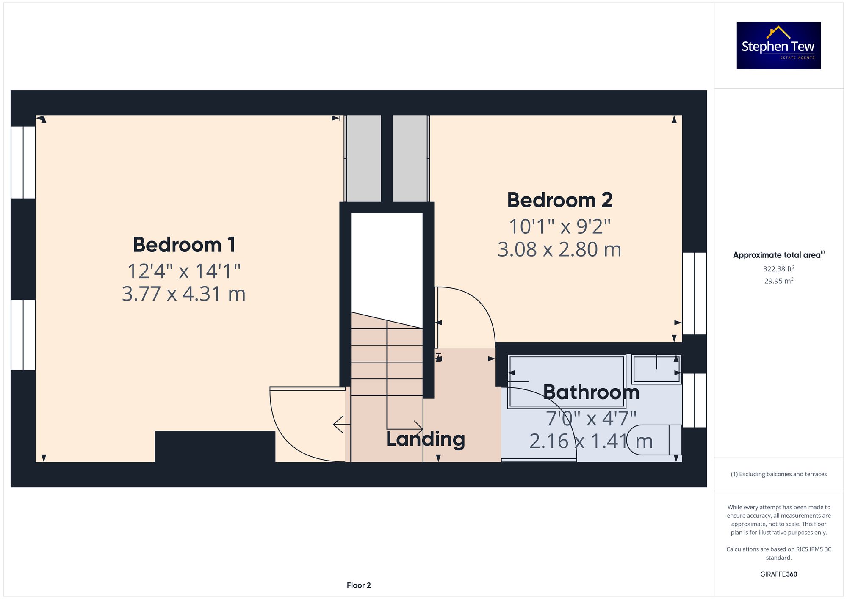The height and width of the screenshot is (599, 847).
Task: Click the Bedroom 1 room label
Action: (x=184, y=245)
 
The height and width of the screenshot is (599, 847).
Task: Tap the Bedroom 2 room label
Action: (x=560, y=200)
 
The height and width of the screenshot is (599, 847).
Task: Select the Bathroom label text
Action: (x=591, y=392)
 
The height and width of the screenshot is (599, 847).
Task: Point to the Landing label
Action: (x=426, y=439)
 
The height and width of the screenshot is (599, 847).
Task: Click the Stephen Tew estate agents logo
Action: (x=779, y=46)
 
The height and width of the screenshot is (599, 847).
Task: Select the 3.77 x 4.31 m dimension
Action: (x=184, y=294)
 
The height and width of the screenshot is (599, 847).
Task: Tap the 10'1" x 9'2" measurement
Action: (x=560, y=226)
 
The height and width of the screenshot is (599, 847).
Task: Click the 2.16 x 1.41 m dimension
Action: (x=591, y=441)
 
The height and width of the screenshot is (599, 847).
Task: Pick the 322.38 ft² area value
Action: (x=779, y=269)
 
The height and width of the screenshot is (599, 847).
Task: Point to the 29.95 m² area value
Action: (x=779, y=281)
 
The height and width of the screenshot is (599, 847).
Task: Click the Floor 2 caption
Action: (x=359, y=585)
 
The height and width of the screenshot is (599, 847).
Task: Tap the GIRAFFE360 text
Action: (x=779, y=574)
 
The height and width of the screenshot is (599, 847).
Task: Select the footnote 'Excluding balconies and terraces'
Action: (x=779, y=474)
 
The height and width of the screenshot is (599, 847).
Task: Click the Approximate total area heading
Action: (x=779, y=255)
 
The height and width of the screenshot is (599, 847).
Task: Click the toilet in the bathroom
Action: (x=654, y=440)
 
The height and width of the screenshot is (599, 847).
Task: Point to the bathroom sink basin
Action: (x=656, y=369)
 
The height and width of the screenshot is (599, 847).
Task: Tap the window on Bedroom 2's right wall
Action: (x=695, y=293)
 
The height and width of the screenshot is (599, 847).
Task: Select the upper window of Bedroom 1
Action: (x=23, y=162)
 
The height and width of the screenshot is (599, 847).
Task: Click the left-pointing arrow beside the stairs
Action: (x=341, y=425)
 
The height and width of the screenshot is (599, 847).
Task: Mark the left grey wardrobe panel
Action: (x=363, y=158)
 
